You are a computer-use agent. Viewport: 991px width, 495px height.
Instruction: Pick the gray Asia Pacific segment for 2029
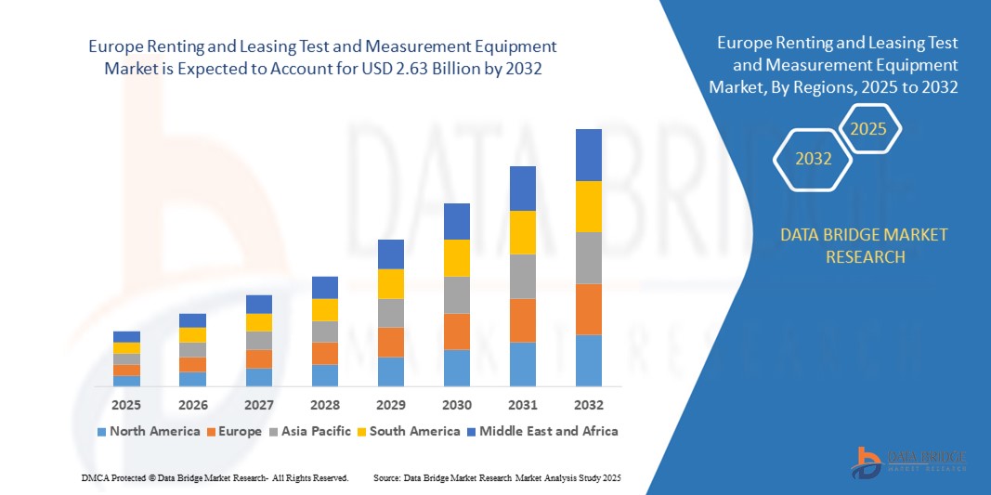391,313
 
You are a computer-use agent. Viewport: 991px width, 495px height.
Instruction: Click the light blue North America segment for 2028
325,375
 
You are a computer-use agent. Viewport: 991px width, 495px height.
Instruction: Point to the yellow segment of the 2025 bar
127,348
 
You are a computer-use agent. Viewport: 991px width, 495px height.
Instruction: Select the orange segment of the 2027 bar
259,358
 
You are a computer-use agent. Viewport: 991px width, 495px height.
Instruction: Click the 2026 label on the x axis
193,405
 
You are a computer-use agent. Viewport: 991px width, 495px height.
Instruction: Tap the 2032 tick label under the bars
589,405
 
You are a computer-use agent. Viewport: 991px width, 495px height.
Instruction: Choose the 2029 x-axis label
391,405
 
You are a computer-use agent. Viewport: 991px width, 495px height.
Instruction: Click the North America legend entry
149,431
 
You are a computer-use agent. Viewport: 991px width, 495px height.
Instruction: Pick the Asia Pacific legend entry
311,431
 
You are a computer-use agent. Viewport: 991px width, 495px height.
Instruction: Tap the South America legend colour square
361,432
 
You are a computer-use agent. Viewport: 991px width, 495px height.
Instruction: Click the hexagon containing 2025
868,129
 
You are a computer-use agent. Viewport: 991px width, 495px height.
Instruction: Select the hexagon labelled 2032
813,159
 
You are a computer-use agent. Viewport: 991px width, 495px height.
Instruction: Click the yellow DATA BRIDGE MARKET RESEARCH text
865,245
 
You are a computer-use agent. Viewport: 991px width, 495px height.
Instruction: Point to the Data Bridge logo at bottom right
908,462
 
